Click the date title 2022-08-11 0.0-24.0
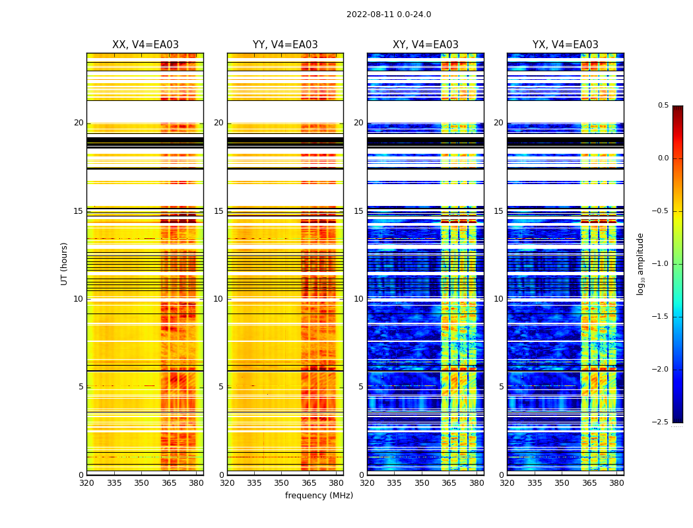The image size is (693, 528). [389, 15]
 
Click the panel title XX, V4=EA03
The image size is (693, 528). [145, 45]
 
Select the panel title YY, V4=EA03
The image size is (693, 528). [285, 45]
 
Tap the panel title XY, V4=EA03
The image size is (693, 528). [426, 45]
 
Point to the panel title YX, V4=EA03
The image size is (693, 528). [566, 45]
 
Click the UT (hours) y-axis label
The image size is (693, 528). [65, 263]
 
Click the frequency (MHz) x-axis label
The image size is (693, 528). [319, 496]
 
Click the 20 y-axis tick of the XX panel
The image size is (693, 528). [79, 123]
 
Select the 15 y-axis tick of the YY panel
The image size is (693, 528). [219, 211]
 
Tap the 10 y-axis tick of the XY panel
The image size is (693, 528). [359, 299]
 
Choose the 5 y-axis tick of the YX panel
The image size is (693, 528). [501, 387]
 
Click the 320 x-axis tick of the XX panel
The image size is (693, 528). [86, 483]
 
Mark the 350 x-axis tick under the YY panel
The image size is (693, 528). [282, 483]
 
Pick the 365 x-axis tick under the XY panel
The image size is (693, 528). [449, 483]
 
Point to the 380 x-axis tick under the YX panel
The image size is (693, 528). [616, 483]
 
